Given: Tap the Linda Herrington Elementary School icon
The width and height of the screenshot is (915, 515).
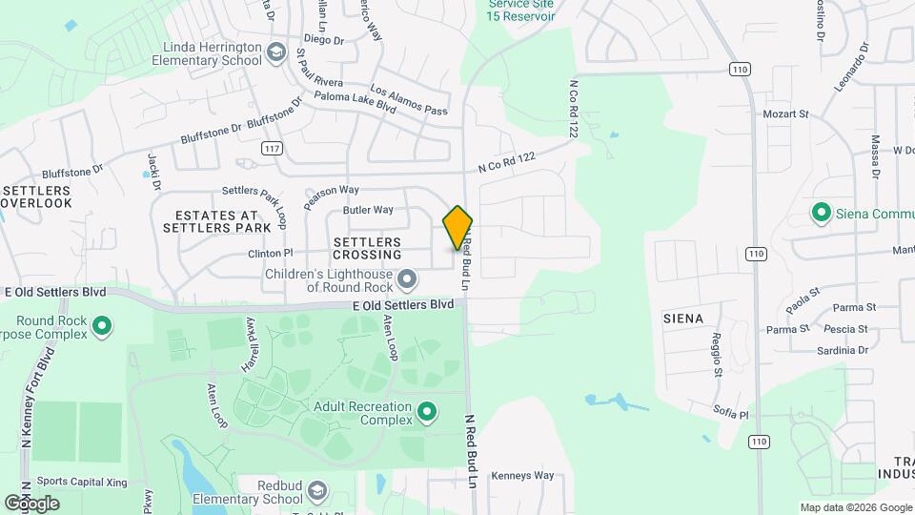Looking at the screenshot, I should [276, 51].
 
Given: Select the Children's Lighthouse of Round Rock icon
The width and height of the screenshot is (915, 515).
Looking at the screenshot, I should [408, 279].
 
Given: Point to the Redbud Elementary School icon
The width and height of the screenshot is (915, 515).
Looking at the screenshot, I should [316, 492].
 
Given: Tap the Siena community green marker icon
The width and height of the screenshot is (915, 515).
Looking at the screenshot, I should [820, 212].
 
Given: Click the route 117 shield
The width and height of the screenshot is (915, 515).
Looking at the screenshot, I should [273, 148].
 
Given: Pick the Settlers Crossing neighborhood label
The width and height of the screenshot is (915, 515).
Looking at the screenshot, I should [367, 249].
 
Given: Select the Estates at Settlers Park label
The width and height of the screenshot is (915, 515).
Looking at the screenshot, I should [210, 221].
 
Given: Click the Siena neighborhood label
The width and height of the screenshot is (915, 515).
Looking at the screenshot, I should [683, 318].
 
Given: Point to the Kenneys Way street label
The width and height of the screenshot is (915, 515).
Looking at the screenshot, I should [525, 475].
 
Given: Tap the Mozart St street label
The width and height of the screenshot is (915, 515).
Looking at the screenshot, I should [785, 114].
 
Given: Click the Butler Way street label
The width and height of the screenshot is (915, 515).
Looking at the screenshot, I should [368, 210].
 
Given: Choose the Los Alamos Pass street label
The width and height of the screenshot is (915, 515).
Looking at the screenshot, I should [409, 101].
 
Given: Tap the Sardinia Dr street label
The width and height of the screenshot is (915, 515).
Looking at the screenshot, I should [844, 350].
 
